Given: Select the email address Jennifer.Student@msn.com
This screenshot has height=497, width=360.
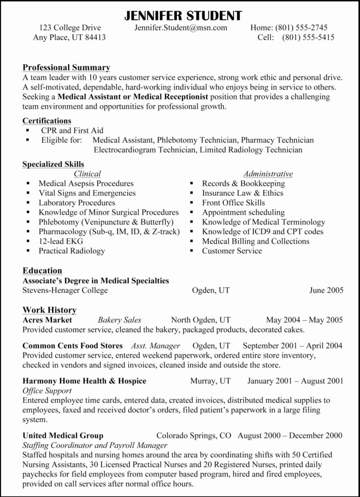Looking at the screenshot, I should click(181, 28).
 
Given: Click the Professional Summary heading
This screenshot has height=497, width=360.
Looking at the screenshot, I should click(66, 68).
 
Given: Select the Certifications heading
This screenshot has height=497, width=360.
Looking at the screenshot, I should click(47, 121).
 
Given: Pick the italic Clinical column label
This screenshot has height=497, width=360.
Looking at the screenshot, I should click(87, 174).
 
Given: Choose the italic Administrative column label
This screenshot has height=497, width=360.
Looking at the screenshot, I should click(268, 174).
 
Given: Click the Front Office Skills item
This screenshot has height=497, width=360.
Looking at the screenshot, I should click(233, 202).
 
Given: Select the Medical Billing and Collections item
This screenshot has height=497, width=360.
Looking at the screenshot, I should click(255, 241).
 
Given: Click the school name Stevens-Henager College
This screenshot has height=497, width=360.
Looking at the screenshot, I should click(65, 291).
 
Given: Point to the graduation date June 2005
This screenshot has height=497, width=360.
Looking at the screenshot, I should click(326, 291).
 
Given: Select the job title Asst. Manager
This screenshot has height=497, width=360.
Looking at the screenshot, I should click(155, 346).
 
